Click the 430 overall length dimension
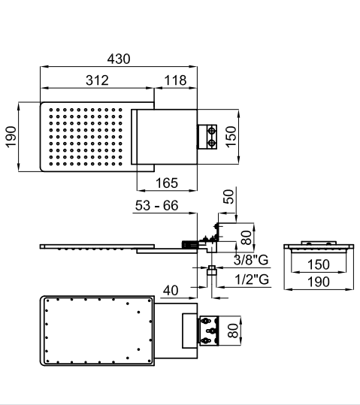click(119, 59)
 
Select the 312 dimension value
click(97, 80)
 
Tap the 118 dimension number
click(175, 80)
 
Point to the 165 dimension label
click(167, 183)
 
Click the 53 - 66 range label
click(156, 206)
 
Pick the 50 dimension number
click(228, 197)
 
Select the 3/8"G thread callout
click(251, 260)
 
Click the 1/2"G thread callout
click(252, 280)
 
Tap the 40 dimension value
click(171, 291)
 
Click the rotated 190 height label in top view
click(11, 137)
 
